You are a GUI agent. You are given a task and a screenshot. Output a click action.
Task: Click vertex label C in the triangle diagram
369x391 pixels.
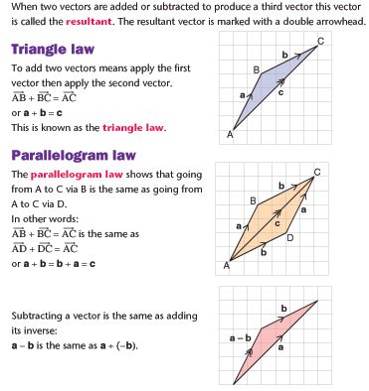320,41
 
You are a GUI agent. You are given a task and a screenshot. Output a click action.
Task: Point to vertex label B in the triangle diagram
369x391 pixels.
256,69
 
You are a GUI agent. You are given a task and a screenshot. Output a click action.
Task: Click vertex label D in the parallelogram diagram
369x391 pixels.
289,238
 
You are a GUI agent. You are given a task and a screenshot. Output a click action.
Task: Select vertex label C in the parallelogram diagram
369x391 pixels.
317,172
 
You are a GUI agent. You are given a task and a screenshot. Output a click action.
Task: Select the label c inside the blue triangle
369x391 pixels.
281,92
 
